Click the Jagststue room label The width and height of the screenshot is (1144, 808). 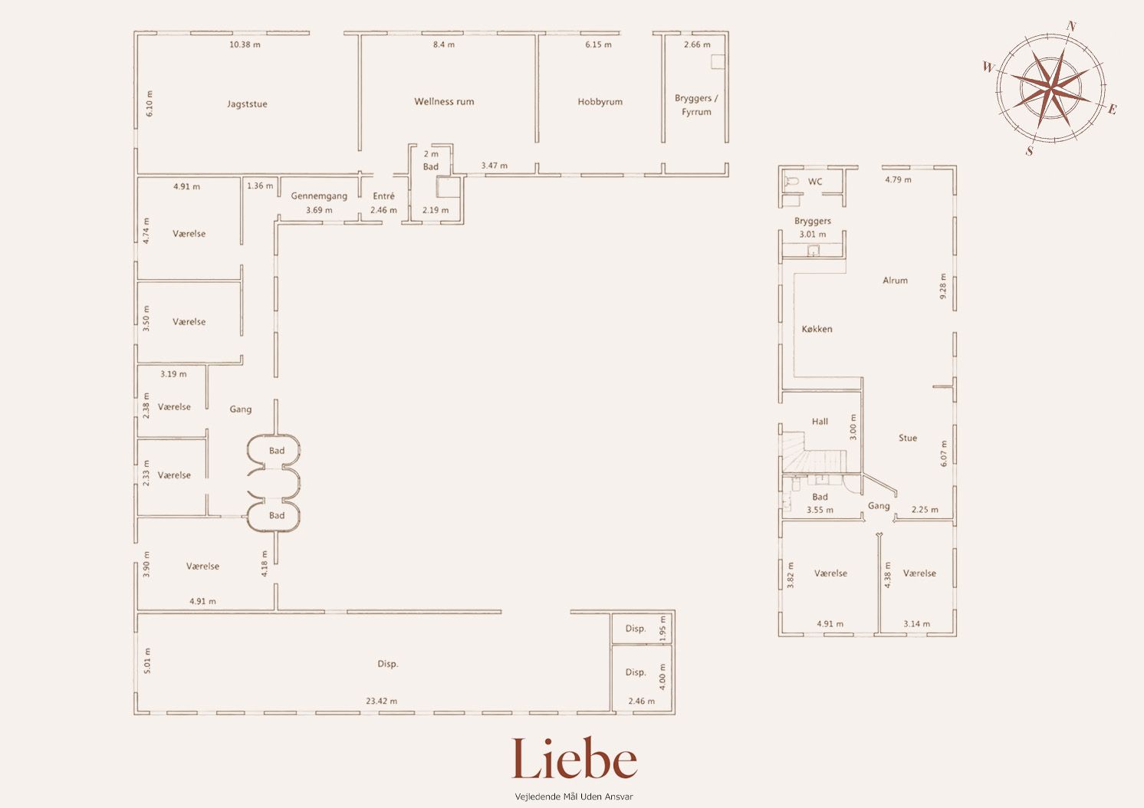tap(247, 104)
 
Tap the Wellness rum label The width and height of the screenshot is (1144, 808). tap(444, 102)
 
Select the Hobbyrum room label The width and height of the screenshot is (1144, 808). tap(600, 102)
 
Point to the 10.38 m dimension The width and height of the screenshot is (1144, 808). tap(245, 44)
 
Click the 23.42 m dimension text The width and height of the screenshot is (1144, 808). tap(381, 701)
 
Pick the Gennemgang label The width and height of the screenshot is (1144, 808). tap(319, 196)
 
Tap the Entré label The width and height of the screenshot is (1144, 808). tap(383, 196)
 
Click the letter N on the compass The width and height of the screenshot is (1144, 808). tap(1071, 27)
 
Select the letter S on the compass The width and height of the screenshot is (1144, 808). tap(1030, 151)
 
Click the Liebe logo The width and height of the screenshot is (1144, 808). tap(574, 758)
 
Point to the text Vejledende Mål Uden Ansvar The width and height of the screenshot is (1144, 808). tap(574, 797)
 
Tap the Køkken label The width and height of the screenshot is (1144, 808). tap(817, 330)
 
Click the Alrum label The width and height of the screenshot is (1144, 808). tap(895, 281)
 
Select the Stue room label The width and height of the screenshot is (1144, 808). tap(908, 438)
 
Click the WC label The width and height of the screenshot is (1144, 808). tap(815, 182)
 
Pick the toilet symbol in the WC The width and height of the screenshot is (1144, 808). tap(791, 181)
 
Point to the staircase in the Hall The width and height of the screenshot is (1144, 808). tap(814, 452)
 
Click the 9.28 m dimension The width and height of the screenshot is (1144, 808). tap(943, 287)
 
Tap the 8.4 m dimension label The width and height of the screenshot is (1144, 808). tap(444, 44)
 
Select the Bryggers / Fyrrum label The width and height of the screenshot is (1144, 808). tap(696, 105)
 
